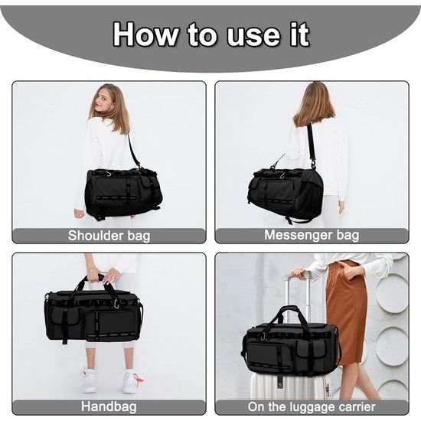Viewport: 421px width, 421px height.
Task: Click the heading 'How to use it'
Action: [210, 34]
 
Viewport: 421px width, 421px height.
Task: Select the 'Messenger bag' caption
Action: [312, 235]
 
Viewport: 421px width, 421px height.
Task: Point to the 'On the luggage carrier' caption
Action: [312, 407]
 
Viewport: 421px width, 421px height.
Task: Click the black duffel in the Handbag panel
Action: [93, 314]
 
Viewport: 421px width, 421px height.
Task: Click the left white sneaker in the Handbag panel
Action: [90, 380]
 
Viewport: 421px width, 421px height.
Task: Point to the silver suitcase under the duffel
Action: [287, 387]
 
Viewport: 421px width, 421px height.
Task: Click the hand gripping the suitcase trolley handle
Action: [299, 273]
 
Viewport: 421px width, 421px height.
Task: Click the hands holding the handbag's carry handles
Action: [103, 276]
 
